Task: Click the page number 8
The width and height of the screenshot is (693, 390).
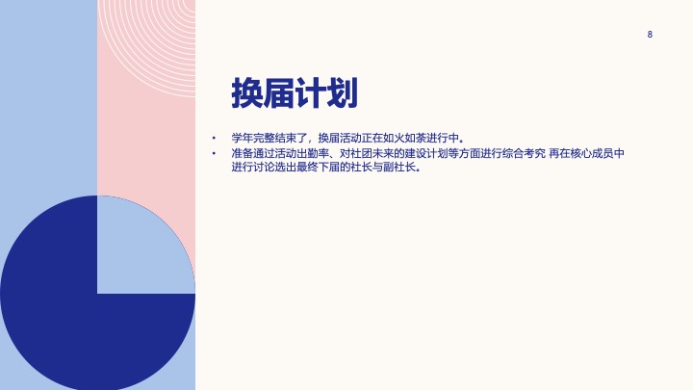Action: [x=650, y=35]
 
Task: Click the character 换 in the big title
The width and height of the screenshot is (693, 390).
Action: [x=247, y=92]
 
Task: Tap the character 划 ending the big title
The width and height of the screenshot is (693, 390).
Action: [x=342, y=92]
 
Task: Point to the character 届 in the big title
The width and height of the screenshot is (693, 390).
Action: [x=278, y=92]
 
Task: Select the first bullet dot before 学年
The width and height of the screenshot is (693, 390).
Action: [x=214, y=138]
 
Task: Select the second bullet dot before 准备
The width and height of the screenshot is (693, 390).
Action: [x=214, y=153]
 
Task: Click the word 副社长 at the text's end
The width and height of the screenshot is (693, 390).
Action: [x=399, y=168]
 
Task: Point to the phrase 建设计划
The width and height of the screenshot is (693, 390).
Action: [x=426, y=153]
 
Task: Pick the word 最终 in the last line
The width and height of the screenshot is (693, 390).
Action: [x=307, y=168]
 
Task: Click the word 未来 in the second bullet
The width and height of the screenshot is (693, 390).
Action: [x=383, y=153]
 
